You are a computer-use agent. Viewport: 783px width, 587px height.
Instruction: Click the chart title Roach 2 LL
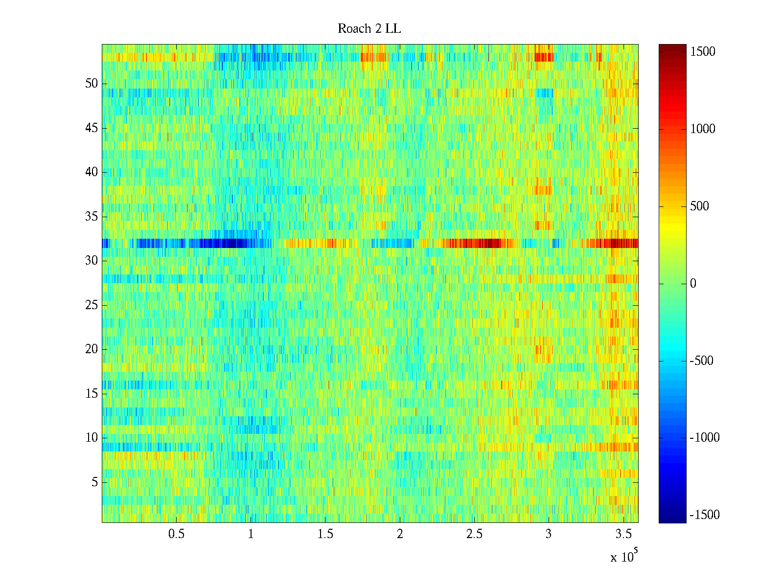click(x=369, y=29)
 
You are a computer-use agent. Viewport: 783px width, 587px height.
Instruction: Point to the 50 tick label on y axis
click(x=92, y=84)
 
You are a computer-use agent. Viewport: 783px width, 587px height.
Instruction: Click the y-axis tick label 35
click(x=92, y=217)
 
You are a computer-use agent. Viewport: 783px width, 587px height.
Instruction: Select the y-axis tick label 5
click(x=94, y=482)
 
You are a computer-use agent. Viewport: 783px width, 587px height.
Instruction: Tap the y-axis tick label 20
click(x=92, y=349)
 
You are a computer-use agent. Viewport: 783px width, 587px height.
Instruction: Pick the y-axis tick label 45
click(x=92, y=128)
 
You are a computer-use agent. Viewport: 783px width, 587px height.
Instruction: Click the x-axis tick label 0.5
click(x=176, y=534)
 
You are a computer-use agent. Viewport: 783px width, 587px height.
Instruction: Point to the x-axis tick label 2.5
click(x=474, y=534)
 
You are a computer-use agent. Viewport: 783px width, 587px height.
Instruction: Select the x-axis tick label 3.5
click(x=623, y=534)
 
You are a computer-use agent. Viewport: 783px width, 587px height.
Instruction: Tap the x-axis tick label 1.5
click(x=325, y=534)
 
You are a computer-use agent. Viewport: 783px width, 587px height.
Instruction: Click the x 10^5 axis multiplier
click(x=624, y=557)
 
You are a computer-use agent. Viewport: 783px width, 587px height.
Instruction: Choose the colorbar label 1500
click(x=703, y=52)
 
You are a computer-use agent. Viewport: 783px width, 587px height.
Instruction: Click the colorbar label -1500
click(x=705, y=515)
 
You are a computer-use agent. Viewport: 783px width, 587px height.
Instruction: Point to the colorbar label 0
click(x=693, y=284)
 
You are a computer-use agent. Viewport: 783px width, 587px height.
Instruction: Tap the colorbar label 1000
click(x=703, y=129)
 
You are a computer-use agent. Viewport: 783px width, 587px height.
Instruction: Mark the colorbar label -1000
click(x=705, y=438)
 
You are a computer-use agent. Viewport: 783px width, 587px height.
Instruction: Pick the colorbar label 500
click(x=700, y=206)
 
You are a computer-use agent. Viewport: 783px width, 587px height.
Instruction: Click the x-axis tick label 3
click(x=549, y=534)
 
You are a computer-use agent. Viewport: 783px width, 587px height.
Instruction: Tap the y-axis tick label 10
click(x=92, y=438)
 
